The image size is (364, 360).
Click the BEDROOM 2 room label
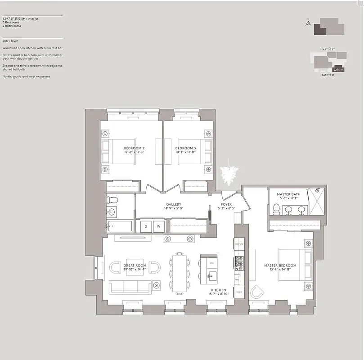click(135, 148)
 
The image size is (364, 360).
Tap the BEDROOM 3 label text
click(185, 148)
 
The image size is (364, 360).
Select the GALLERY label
click(174, 204)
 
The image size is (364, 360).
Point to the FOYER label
click(226, 204)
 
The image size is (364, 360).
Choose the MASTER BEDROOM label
click(280, 265)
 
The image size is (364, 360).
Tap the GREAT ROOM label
click(135, 266)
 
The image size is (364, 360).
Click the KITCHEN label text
click(218, 290)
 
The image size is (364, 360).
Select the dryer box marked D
click(145, 226)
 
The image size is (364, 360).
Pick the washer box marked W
click(158, 226)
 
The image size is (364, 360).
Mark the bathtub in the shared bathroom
click(120, 226)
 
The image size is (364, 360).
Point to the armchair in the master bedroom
click(257, 292)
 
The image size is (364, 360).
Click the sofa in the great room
click(130, 286)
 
